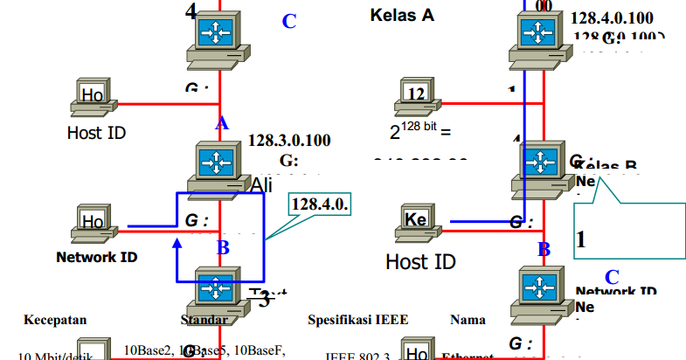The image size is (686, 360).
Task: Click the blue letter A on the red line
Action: (222, 124)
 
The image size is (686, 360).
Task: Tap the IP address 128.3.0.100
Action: (289, 141)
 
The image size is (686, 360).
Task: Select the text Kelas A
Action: (402, 15)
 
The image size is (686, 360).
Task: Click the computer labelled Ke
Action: (417, 222)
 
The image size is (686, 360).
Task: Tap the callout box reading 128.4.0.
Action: (320, 204)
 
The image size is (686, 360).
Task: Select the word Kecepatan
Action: (55, 320)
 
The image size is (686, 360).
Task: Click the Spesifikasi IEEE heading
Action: (357, 320)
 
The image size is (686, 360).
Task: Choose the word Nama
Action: (468, 320)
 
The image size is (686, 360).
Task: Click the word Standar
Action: (203, 320)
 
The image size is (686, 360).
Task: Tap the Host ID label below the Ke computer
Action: (420, 261)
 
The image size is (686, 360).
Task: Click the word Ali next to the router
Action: (262, 185)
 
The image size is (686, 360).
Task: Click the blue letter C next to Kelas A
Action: (289, 22)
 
